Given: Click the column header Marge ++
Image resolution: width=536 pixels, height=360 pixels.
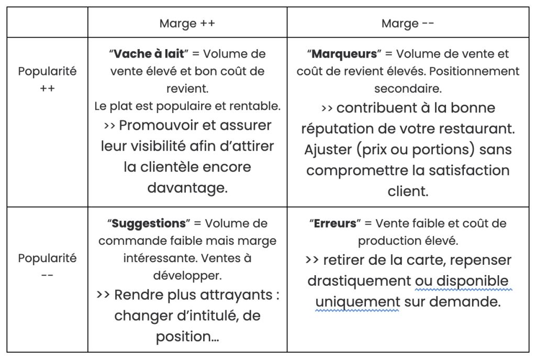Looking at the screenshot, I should (x=187, y=24).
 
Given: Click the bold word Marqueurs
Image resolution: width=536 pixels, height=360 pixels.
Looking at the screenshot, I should (x=344, y=54).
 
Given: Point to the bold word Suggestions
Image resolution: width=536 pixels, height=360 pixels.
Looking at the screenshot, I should (x=149, y=223).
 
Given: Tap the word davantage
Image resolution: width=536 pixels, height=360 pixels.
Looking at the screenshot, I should (x=187, y=187).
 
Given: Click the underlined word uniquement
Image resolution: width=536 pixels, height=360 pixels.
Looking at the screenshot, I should (x=358, y=302).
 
